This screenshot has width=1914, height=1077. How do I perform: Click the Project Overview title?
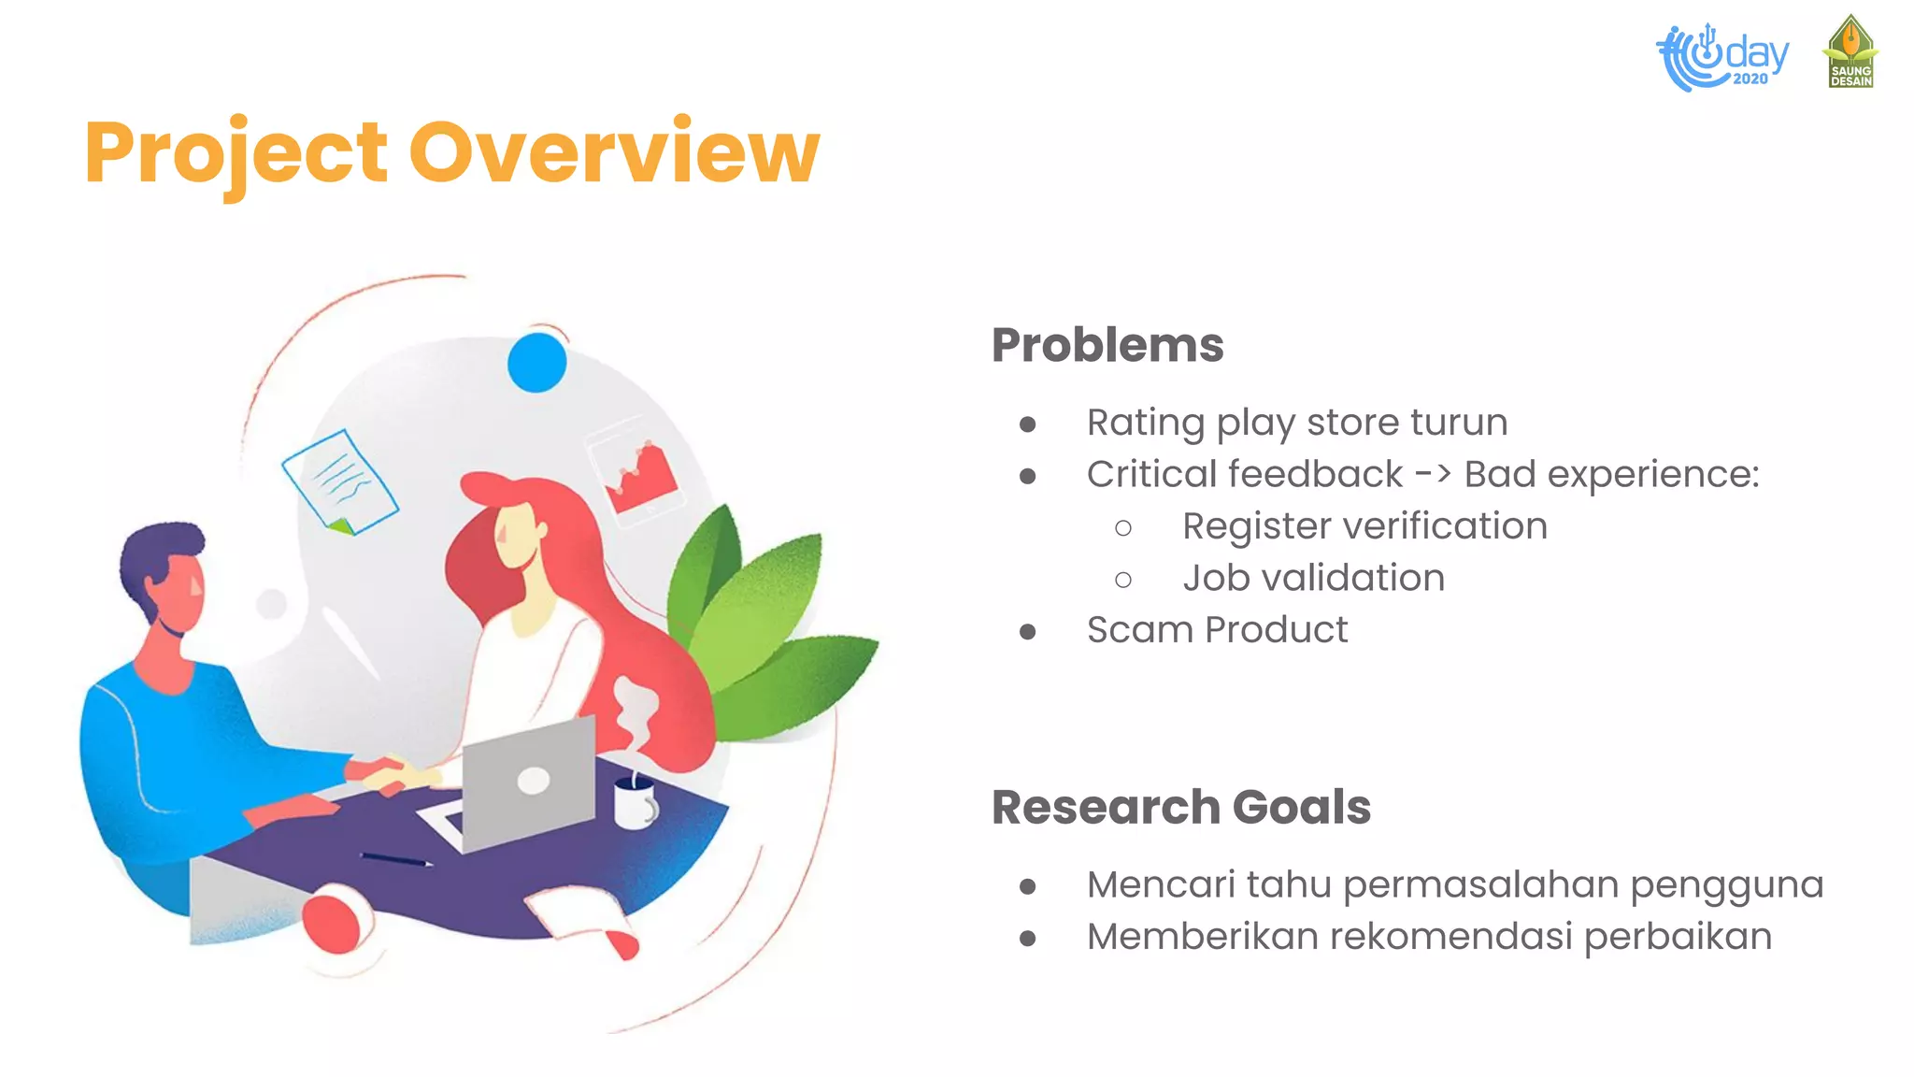click(451, 152)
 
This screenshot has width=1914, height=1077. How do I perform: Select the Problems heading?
click(1107, 345)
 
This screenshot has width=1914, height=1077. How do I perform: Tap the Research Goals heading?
click(1180, 807)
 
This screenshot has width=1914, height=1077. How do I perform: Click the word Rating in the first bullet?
click(1145, 423)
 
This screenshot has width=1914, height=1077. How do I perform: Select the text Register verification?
click(1364, 526)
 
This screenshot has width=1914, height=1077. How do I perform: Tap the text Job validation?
click(1313, 578)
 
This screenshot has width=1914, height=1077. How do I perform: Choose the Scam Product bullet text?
click(1217, 630)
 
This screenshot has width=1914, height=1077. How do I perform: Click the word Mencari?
click(1161, 884)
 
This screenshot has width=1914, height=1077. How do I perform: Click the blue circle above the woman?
click(536, 362)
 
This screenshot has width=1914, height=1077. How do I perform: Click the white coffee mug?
click(635, 803)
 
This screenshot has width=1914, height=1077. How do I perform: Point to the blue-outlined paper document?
click(340, 482)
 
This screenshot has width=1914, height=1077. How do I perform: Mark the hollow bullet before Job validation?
click(1123, 580)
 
